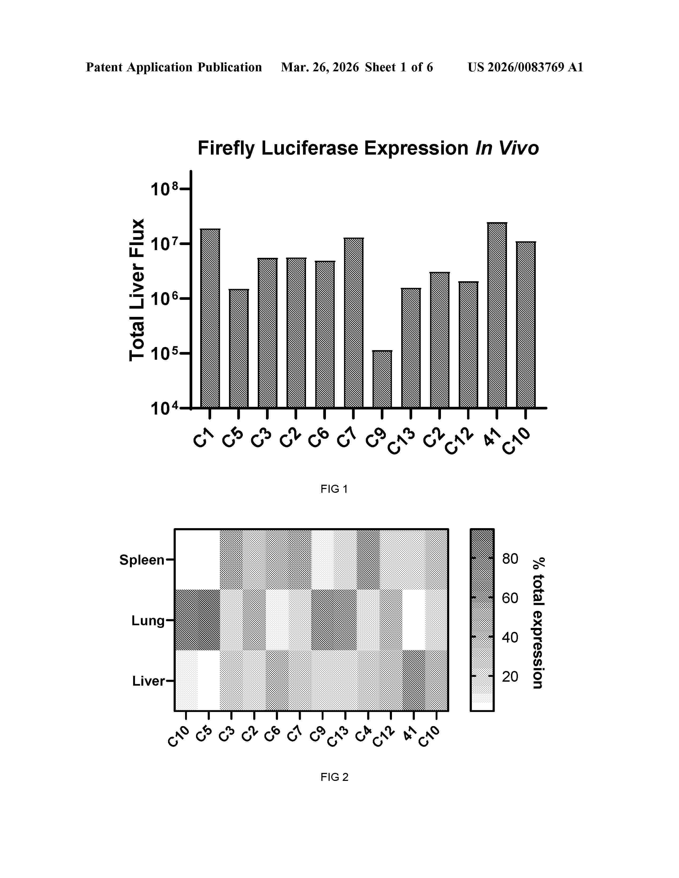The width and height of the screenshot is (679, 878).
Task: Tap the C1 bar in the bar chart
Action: click(210, 318)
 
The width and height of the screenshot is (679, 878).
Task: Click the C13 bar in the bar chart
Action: click(411, 348)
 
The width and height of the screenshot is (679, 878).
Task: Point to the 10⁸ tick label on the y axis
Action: click(164, 189)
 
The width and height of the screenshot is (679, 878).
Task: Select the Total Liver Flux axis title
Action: click(137, 290)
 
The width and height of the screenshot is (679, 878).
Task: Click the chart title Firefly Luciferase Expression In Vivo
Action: click(368, 148)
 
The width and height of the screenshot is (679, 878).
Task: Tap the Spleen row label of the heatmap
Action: click(142, 560)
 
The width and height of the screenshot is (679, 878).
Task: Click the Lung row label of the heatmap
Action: click(148, 621)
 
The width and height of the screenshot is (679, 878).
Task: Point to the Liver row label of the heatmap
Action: click(148, 681)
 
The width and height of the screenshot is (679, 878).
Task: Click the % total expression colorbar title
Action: click(538, 623)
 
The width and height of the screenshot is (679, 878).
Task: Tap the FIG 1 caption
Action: click(334, 489)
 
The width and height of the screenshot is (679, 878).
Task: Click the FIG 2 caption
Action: click(334, 777)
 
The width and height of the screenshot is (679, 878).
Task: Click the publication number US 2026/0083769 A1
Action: click(525, 67)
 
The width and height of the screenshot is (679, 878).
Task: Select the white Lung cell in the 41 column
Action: click(414, 620)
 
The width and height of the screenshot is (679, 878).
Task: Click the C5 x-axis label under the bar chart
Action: click(233, 438)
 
